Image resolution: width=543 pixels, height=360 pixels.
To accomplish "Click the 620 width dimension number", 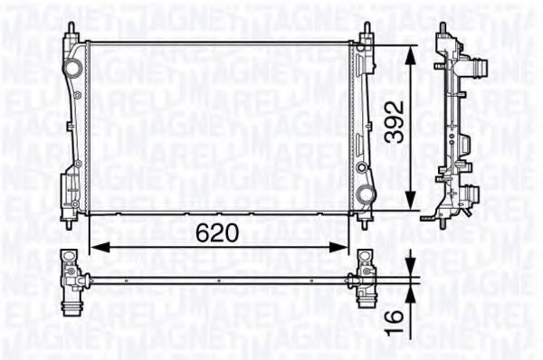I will click(x=217, y=232).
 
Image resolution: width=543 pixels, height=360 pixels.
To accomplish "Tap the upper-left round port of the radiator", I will click(x=71, y=68).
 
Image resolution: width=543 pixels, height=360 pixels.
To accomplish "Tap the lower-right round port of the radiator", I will click(x=364, y=194).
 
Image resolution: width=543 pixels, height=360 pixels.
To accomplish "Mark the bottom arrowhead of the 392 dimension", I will click(x=412, y=204).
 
